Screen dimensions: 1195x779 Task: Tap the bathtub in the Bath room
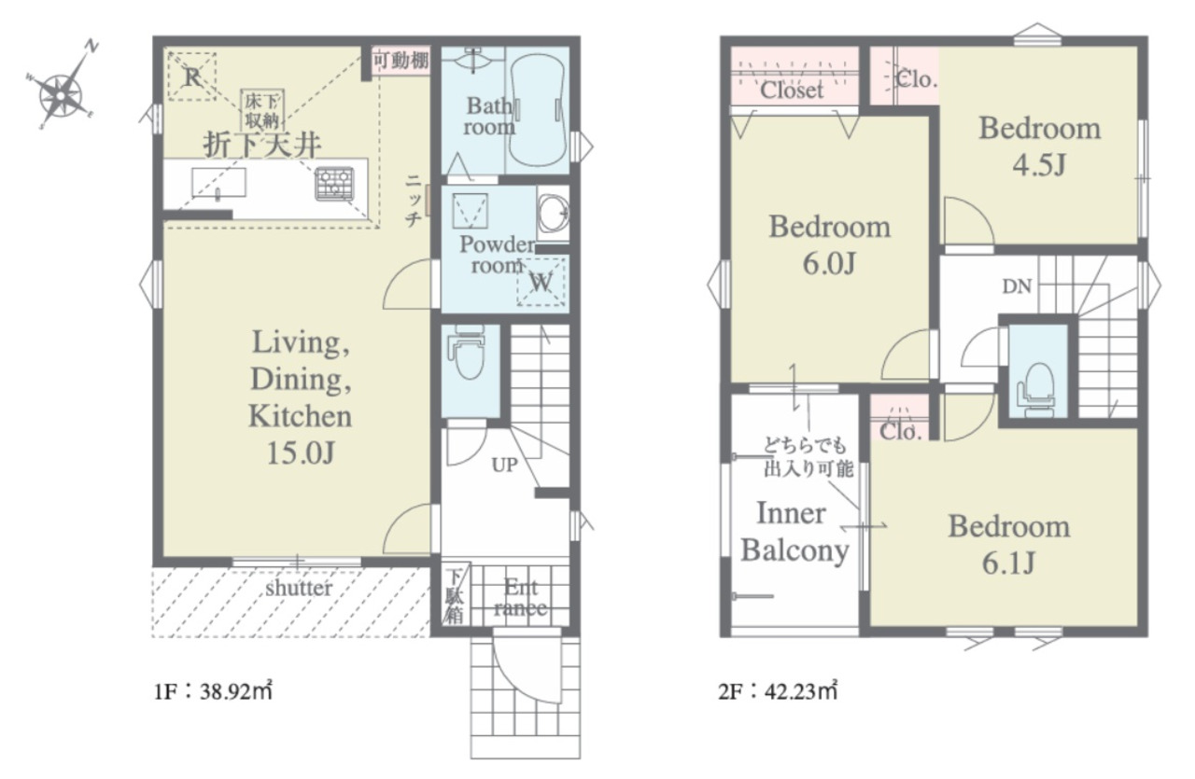[537, 110]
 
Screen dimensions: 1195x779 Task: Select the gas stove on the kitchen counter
[334, 184]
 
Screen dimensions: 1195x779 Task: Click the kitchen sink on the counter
[218, 183]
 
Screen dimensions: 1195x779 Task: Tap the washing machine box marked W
[541, 282]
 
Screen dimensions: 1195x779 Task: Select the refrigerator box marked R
[192, 77]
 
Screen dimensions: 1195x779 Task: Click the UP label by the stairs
[504, 465]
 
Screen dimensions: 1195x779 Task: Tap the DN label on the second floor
[1017, 286]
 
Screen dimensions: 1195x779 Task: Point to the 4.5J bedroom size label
[1039, 164]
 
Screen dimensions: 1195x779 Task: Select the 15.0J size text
[301, 453]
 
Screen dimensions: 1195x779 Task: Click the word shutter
[299, 588]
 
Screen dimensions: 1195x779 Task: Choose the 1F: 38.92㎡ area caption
[213, 691]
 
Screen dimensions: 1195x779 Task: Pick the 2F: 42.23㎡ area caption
[778, 691]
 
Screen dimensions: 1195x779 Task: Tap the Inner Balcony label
[794, 532]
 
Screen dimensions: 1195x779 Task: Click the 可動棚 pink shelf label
[401, 61]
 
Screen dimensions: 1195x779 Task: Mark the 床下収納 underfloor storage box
[262, 110]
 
